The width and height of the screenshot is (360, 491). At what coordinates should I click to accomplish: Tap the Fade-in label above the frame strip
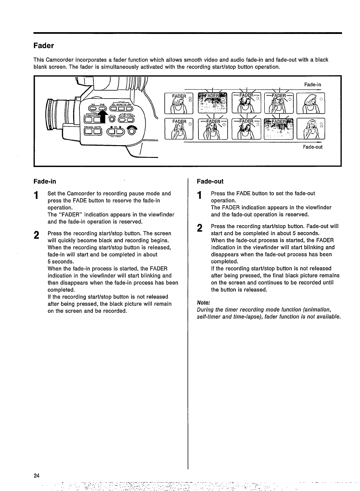click(313, 85)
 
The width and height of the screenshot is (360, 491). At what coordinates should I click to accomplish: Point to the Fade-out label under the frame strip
click(313, 147)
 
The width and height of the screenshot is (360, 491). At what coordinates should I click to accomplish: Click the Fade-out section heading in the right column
click(210, 181)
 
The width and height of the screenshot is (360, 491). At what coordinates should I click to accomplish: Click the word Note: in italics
click(203, 303)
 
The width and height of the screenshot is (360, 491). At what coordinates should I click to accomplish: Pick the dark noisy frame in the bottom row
click(278, 128)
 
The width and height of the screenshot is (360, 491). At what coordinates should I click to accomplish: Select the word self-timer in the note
click(209, 317)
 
